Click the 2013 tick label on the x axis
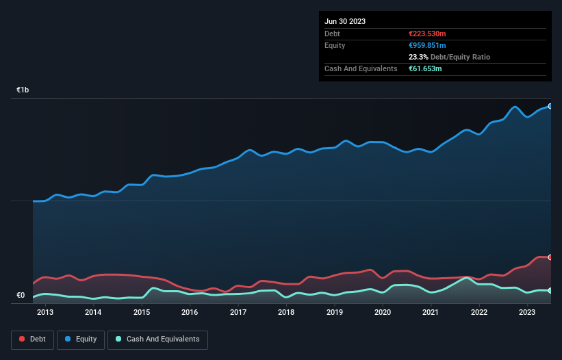45,313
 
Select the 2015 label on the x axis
142,313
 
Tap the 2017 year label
238,313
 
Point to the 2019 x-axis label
335,313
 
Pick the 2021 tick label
431,313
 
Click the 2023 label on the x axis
527,313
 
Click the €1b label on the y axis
23,90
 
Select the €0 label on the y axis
21,296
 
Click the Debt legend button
31,339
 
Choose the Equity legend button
81,339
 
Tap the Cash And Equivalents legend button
157,339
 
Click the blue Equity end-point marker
550,106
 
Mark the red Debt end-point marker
550,257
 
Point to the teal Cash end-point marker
550,291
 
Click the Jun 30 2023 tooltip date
345,21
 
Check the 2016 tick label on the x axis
190,313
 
